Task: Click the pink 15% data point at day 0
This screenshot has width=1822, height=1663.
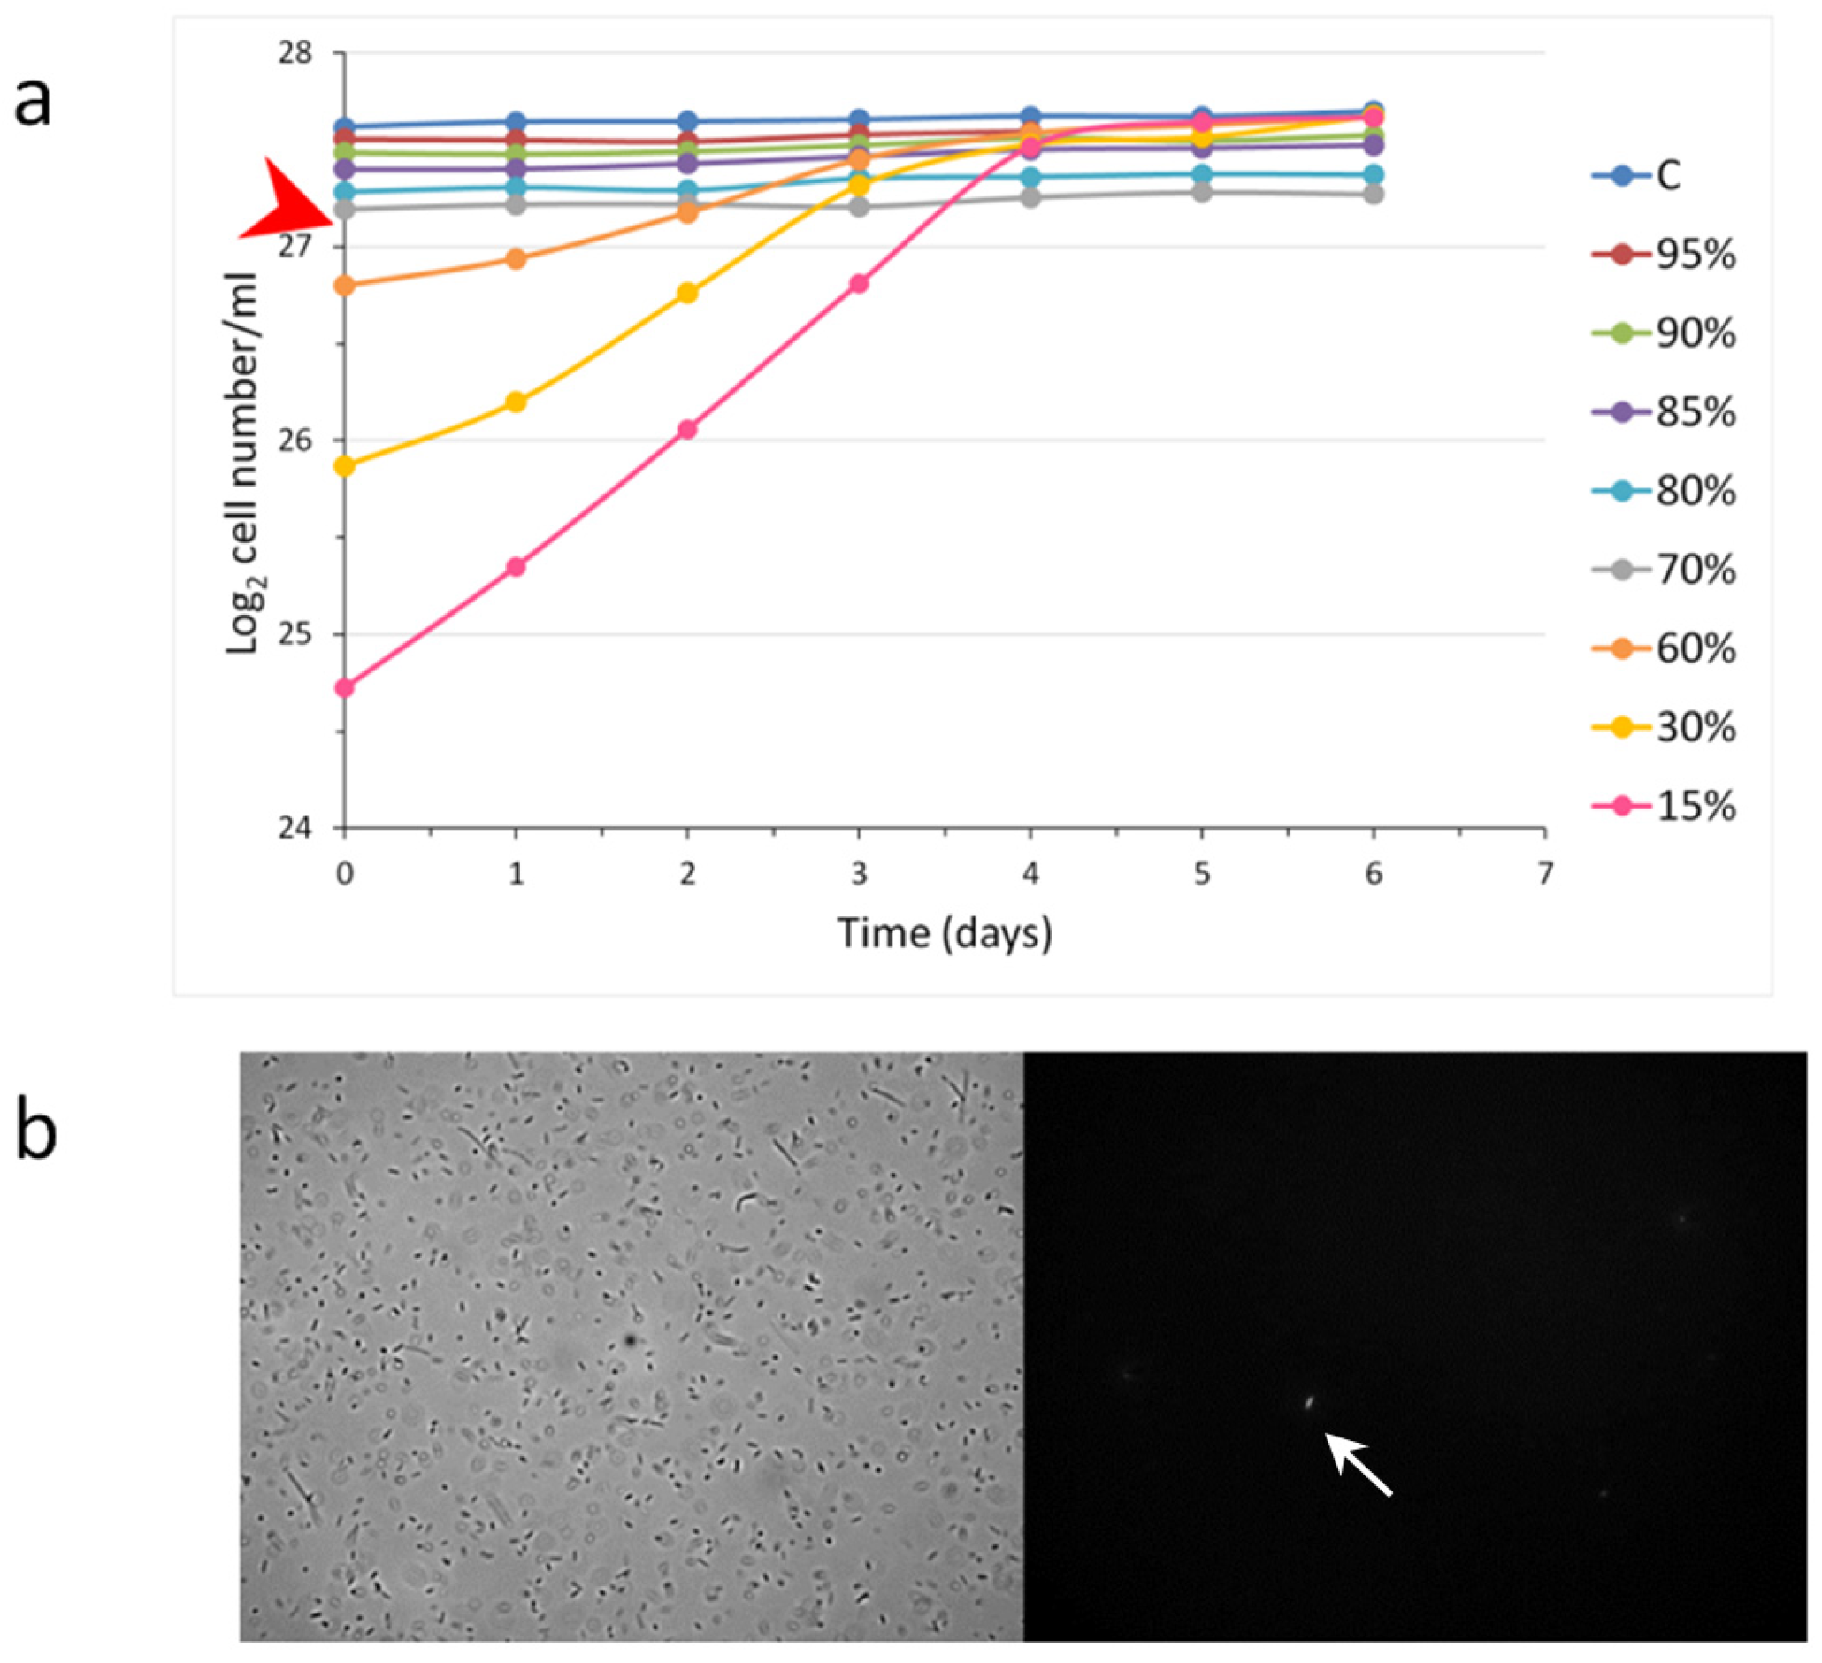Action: (x=344, y=688)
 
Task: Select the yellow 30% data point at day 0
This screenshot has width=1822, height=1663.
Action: (x=344, y=466)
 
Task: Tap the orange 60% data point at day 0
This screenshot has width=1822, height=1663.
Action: (x=344, y=286)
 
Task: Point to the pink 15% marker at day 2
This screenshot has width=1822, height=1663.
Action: (x=687, y=429)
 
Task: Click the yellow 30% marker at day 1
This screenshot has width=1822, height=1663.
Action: (x=516, y=402)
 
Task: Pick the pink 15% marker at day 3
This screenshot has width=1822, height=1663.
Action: (x=859, y=284)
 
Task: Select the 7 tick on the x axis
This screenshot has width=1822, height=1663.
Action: (x=1544, y=874)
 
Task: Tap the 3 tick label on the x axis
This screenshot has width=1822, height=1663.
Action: (x=859, y=874)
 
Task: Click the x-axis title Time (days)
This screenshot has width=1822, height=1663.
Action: (x=945, y=931)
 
